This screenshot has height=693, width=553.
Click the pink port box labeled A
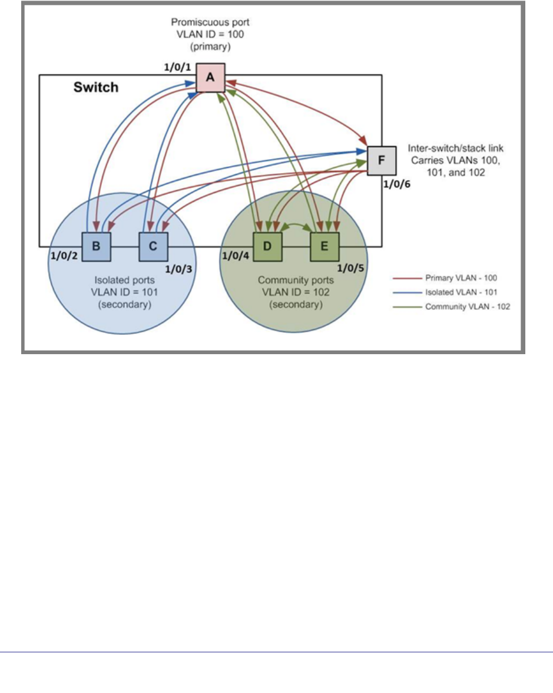tap(212, 78)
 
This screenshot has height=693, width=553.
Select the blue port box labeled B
tap(96, 246)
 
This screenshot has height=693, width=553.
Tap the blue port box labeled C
tap(153, 246)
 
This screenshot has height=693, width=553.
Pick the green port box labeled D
tap(268, 246)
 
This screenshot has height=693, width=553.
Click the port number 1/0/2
tap(65, 257)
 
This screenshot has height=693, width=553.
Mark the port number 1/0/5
tap(349, 268)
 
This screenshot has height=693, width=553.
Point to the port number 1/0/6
tap(398, 183)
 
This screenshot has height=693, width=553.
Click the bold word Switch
tap(95, 88)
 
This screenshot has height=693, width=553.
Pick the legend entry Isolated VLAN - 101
tap(450, 291)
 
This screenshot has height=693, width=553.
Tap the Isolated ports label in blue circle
tap(124, 280)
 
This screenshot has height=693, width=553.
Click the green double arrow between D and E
tap(296, 225)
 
